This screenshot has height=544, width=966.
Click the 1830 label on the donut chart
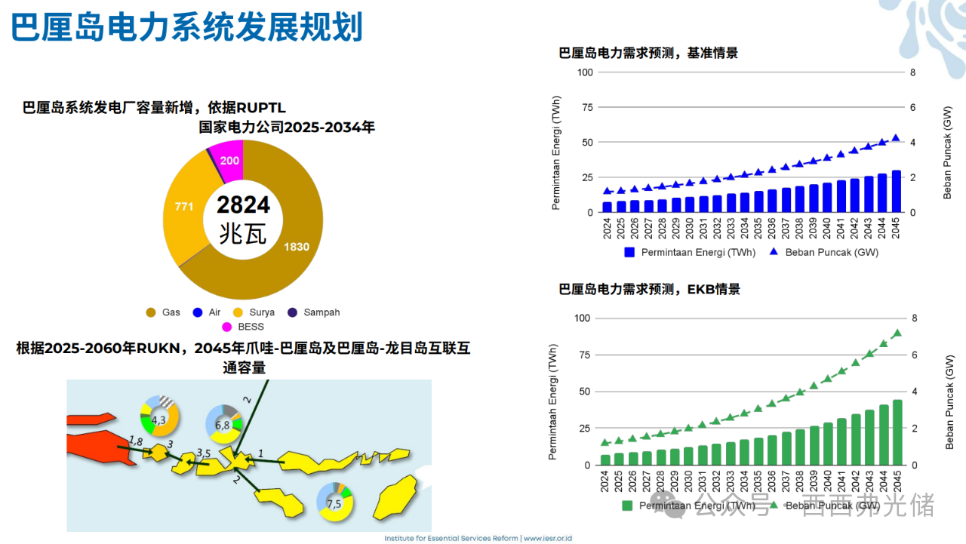point(296,247)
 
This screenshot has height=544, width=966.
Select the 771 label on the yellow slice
point(185,206)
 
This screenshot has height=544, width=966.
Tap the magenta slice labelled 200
point(229,161)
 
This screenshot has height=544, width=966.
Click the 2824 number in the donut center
point(243,204)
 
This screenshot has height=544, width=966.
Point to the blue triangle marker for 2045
point(896,138)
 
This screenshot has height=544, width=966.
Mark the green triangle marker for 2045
point(897,333)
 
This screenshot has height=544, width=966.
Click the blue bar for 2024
point(608,207)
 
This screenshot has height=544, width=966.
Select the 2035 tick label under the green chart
point(758,481)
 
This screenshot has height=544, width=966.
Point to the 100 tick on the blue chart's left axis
point(586,72)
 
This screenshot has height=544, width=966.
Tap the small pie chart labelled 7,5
point(335,502)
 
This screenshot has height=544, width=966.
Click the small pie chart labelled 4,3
point(159,419)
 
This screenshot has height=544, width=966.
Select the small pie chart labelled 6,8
point(223,423)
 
